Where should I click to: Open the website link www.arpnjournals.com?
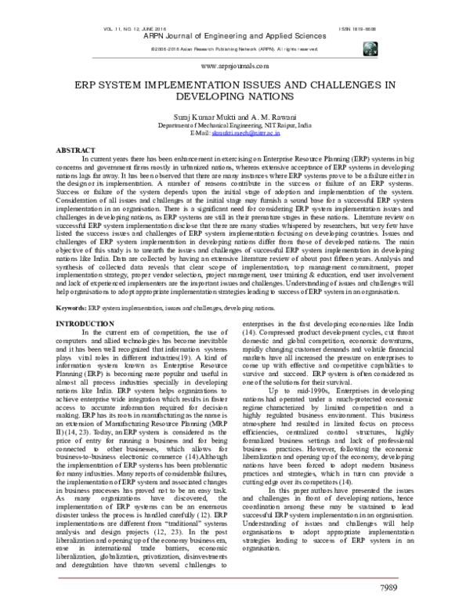point(234,68)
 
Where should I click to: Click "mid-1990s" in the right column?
point(306,411)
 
